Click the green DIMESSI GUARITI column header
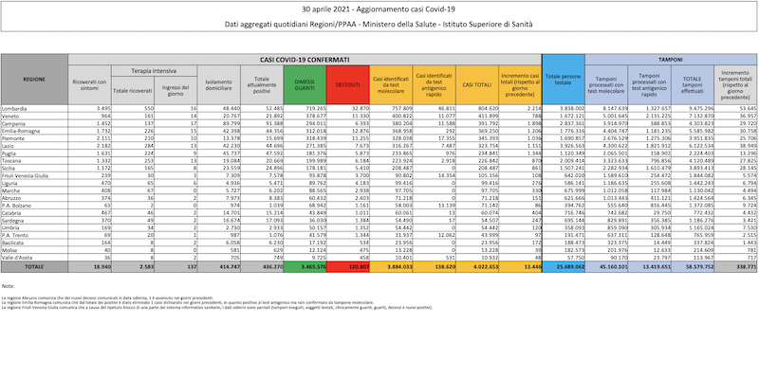[305, 85]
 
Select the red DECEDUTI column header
[346, 85]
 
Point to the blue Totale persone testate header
[563, 82]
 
